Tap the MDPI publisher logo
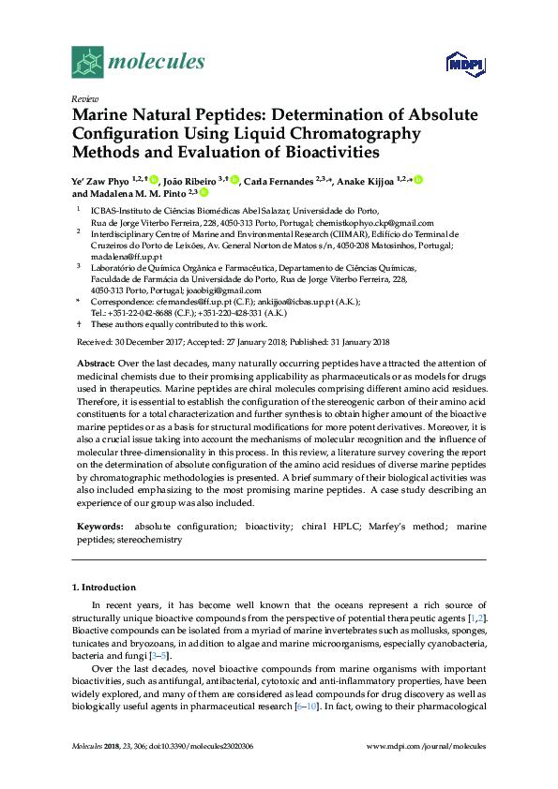pos(465,64)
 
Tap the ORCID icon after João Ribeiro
pos(234,180)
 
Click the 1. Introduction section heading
pos(104,588)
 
